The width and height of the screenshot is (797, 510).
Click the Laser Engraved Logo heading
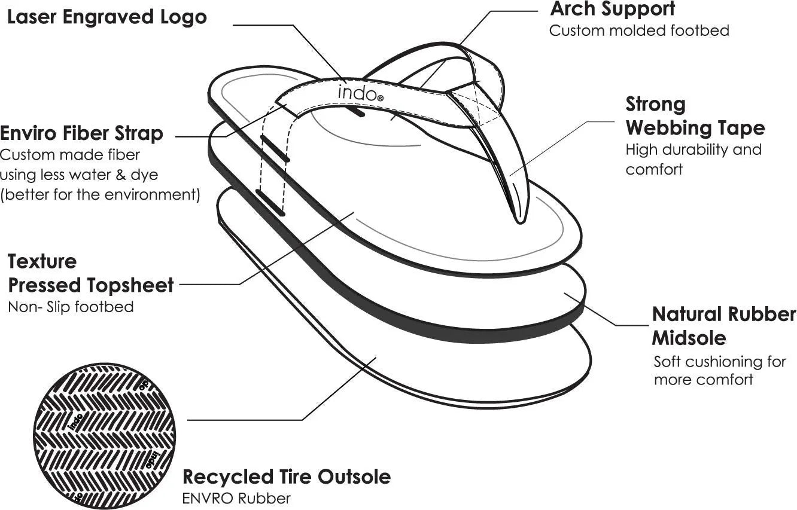[x=107, y=17]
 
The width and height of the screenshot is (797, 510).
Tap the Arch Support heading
[x=612, y=9]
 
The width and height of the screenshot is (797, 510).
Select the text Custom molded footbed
[x=639, y=30]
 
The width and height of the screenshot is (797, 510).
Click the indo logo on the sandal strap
[x=358, y=92]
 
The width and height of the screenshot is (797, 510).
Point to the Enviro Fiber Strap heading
[x=81, y=133]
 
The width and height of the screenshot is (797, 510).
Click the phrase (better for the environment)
[x=100, y=195]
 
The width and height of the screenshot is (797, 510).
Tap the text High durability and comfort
[x=693, y=159]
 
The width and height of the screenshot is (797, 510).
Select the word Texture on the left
[x=42, y=261]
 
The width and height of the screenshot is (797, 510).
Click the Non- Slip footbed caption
[x=71, y=307]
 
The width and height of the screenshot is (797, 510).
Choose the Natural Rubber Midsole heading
[x=723, y=326]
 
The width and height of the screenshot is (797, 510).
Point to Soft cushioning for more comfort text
[x=719, y=370]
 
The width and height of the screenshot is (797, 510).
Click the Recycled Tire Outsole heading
[x=286, y=477]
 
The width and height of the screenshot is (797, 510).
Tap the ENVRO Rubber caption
[x=236, y=497]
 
